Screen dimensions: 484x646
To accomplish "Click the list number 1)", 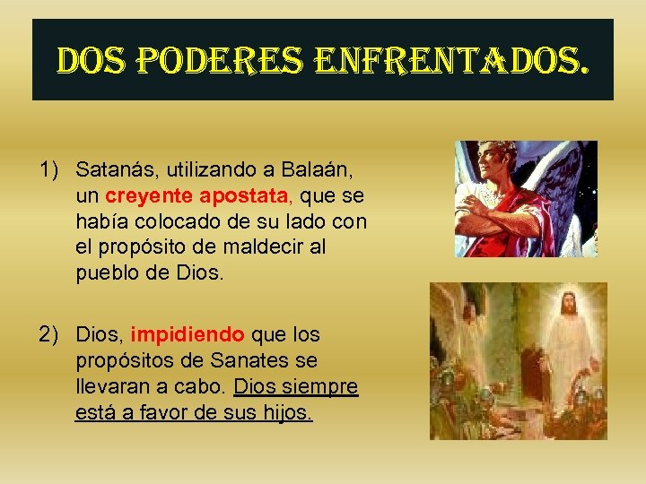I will coord(50,169).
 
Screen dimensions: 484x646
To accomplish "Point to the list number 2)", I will coord(50,335).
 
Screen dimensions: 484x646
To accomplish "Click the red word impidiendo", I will coord(188,335).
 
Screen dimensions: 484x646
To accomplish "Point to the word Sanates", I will coord(264,361).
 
